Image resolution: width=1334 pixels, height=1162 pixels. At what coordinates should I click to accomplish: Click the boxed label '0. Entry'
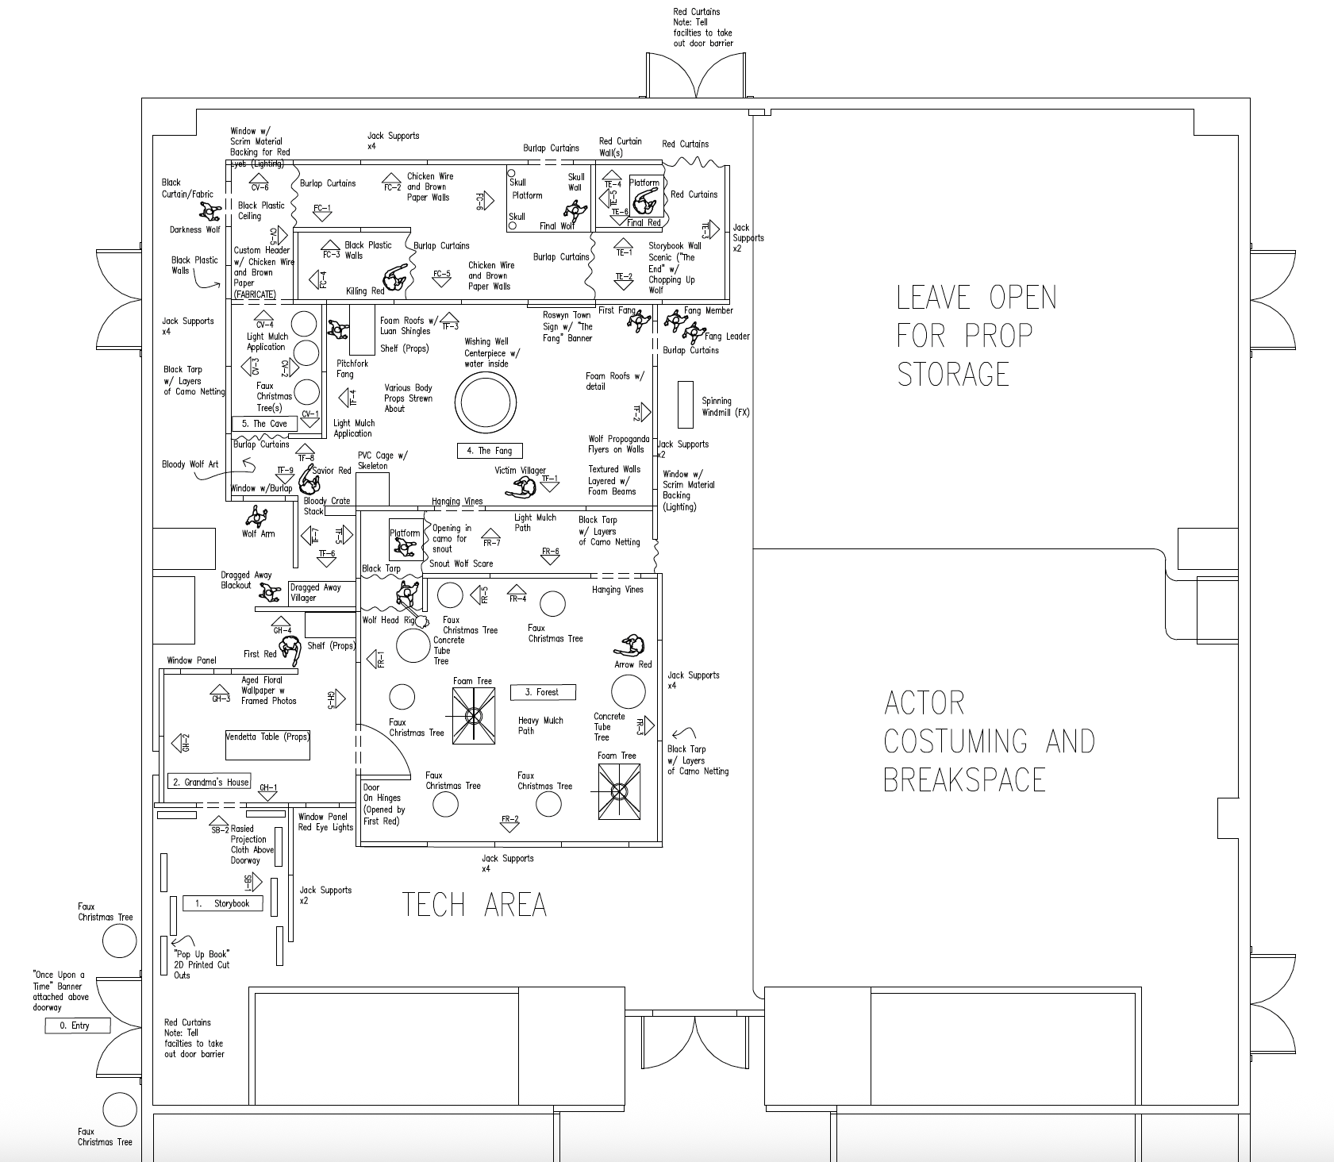(77, 1025)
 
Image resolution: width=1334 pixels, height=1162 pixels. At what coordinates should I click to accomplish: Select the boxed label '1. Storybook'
(223, 903)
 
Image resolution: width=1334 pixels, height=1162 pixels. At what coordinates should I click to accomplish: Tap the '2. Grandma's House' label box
(210, 782)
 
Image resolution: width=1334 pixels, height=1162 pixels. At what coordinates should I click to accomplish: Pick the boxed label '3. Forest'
(542, 692)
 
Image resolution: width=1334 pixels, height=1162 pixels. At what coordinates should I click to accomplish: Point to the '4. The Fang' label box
(490, 451)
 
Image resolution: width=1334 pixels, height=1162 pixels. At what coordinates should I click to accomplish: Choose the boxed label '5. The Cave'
(264, 424)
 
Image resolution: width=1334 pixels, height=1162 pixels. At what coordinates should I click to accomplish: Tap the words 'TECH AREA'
(474, 905)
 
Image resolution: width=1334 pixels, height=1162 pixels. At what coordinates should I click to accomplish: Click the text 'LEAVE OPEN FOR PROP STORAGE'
(976, 336)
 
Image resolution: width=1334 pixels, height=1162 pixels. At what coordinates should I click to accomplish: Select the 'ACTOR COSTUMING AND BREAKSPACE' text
(989, 741)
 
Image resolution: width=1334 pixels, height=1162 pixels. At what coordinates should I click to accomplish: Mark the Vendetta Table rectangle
(267, 745)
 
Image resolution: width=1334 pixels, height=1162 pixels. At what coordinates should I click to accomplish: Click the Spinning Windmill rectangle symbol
(686, 404)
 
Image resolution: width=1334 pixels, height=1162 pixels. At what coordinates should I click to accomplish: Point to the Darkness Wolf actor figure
(210, 212)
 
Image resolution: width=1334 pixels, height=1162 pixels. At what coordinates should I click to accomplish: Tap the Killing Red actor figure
(394, 279)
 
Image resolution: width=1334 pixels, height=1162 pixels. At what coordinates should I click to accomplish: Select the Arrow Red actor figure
(633, 646)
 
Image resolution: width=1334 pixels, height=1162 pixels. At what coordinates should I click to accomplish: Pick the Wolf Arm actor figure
(256, 518)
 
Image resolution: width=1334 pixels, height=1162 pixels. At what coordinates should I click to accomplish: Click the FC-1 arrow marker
(322, 212)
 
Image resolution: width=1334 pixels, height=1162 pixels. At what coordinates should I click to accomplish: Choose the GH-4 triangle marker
(282, 625)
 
